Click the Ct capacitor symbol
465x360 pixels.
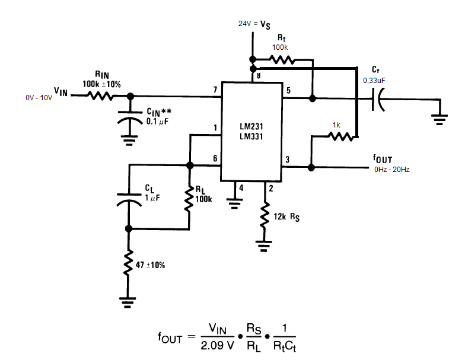[x=378, y=98]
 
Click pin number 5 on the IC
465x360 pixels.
[x=288, y=90]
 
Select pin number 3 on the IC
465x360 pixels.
[x=288, y=160]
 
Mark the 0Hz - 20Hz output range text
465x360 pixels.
[x=391, y=170]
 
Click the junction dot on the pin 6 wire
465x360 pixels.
[x=189, y=166]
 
